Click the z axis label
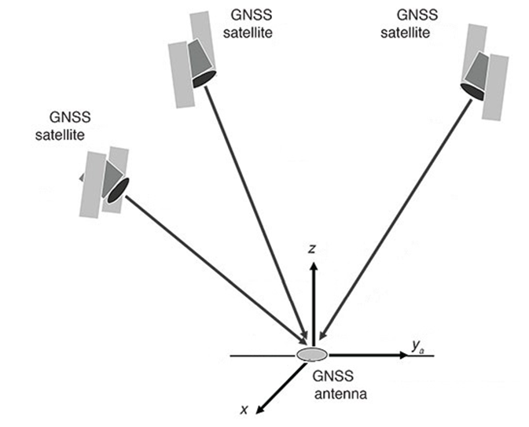[x=313, y=248]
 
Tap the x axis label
[x=244, y=409]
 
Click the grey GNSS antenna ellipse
[x=311, y=355]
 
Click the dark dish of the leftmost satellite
[x=118, y=190]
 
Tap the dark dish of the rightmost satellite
[x=472, y=93]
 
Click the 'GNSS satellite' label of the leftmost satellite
[x=64, y=126]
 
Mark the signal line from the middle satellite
[x=255, y=212]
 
